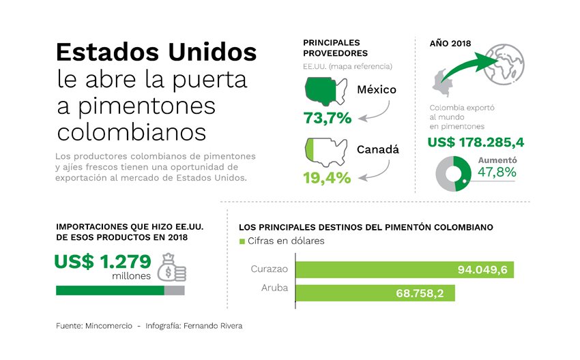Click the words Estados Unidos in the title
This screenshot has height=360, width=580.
pyautogui.click(x=156, y=53)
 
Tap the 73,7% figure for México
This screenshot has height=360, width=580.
pyautogui.click(x=328, y=117)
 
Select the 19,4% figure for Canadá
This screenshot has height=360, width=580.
pyautogui.click(x=328, y=177)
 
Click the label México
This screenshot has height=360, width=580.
pyautogui.click(x=377, y=89)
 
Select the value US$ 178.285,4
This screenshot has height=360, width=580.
pyautogui.click(x=476, y=142)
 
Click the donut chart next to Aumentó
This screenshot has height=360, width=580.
pyautogui.click(x=454, y=174)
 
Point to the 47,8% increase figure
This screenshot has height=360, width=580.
pyautogui.click(x=497, y=172)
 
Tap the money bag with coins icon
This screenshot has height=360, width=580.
pyautogui.click(x=171, y=267)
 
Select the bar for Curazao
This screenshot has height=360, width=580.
pyautogui.click(x=404, y=269)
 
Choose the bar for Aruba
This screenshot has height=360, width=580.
pyautogui.click(x=375, y=292)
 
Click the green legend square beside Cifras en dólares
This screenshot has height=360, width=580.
pyautogui.click(x=241, y=241)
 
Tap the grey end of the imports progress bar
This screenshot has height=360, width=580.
pyautogui.click(x=174, y=290)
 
